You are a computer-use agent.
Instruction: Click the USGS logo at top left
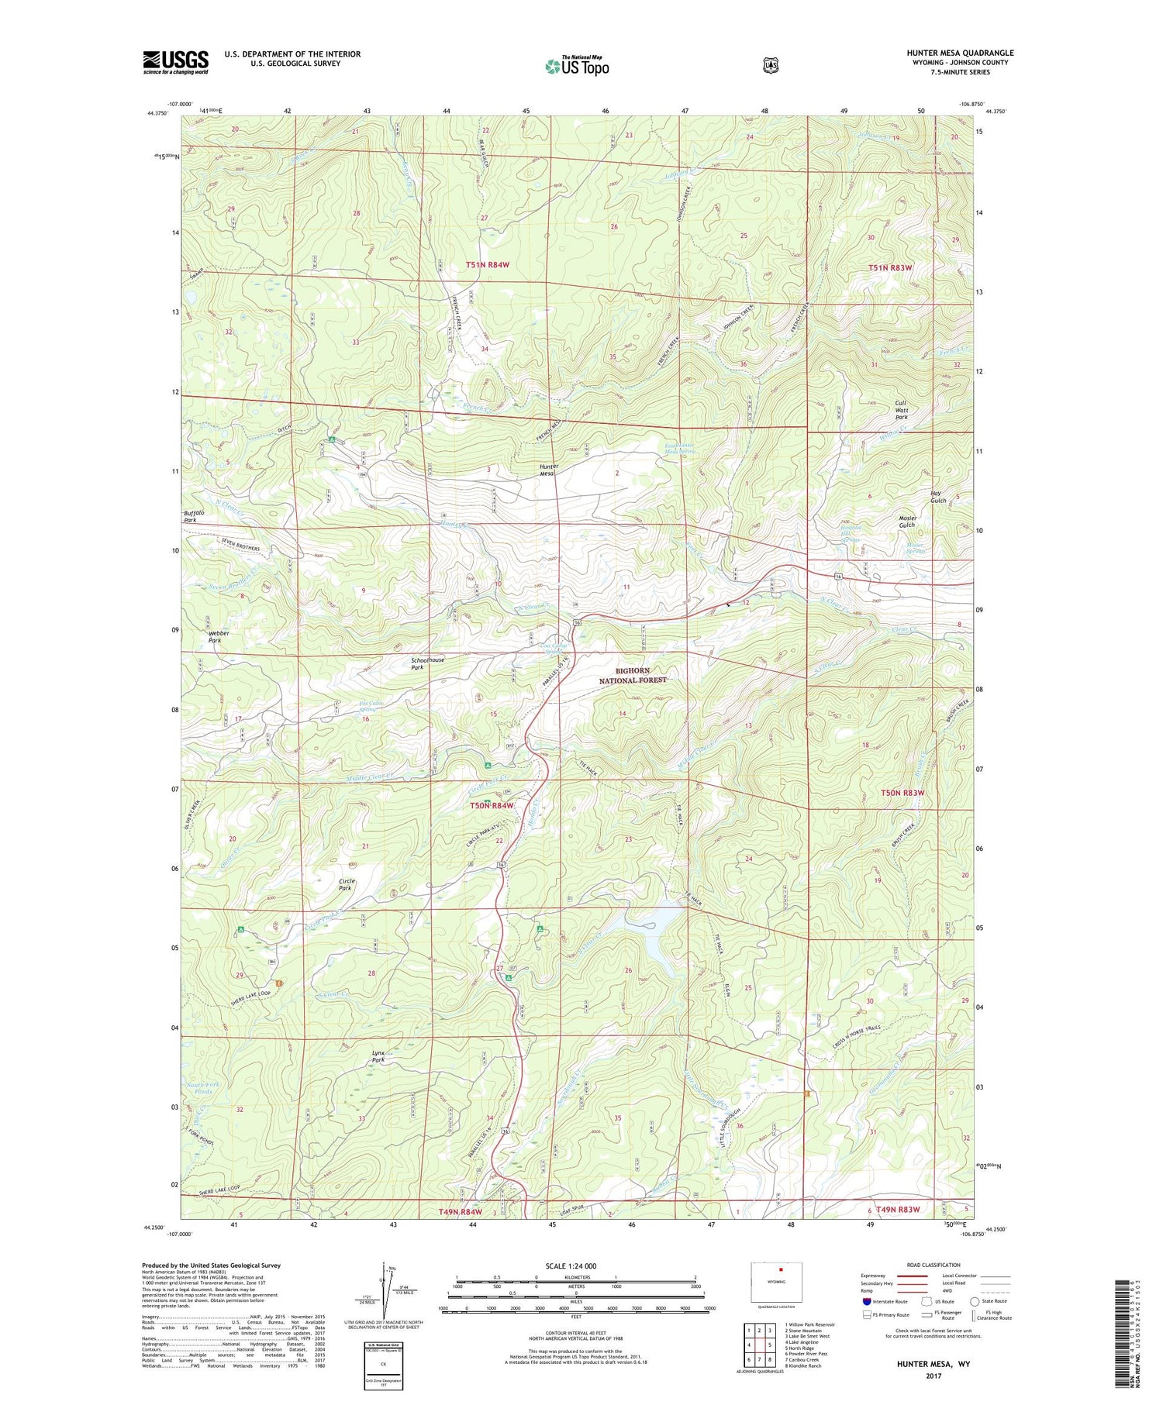175,62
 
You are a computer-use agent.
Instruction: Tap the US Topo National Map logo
577,66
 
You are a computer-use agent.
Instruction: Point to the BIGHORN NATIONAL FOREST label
632,675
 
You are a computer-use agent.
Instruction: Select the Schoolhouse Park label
428,663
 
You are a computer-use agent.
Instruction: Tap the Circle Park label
347,884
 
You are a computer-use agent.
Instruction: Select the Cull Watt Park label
901,409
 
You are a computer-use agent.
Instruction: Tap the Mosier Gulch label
907,522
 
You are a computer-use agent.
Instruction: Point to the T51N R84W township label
488,264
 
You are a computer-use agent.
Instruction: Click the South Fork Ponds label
203,1088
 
